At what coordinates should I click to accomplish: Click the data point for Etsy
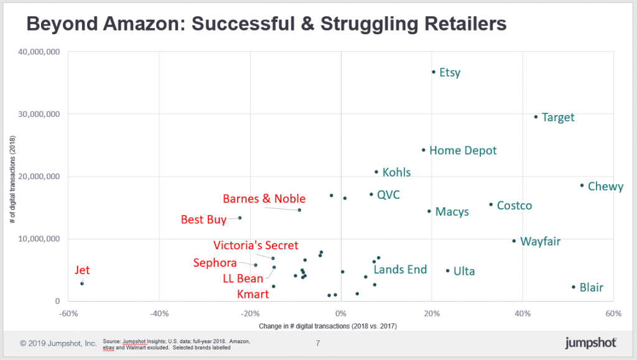point(434,72)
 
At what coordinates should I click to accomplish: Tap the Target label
point(557,118)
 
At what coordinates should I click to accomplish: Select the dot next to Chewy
point(582,185)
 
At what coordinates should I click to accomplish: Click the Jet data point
point(82,284)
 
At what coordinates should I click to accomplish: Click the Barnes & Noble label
point(264,199)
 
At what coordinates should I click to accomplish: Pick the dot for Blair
point(574,287)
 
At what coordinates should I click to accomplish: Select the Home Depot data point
point(424,150)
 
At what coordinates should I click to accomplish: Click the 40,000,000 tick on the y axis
point(39,52)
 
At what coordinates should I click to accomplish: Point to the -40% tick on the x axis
point(159,313)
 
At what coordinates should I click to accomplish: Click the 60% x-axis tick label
point(613,313)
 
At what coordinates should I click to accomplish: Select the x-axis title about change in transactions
point(341,326)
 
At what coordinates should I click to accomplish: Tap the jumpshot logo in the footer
point(590,343)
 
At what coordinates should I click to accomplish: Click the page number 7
point(318,343)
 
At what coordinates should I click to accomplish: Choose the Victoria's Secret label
point(256,246)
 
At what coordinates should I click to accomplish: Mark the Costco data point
point(491,205)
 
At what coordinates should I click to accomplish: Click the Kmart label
point(253,294)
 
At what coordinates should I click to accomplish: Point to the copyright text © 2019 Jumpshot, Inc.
point(58,343)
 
